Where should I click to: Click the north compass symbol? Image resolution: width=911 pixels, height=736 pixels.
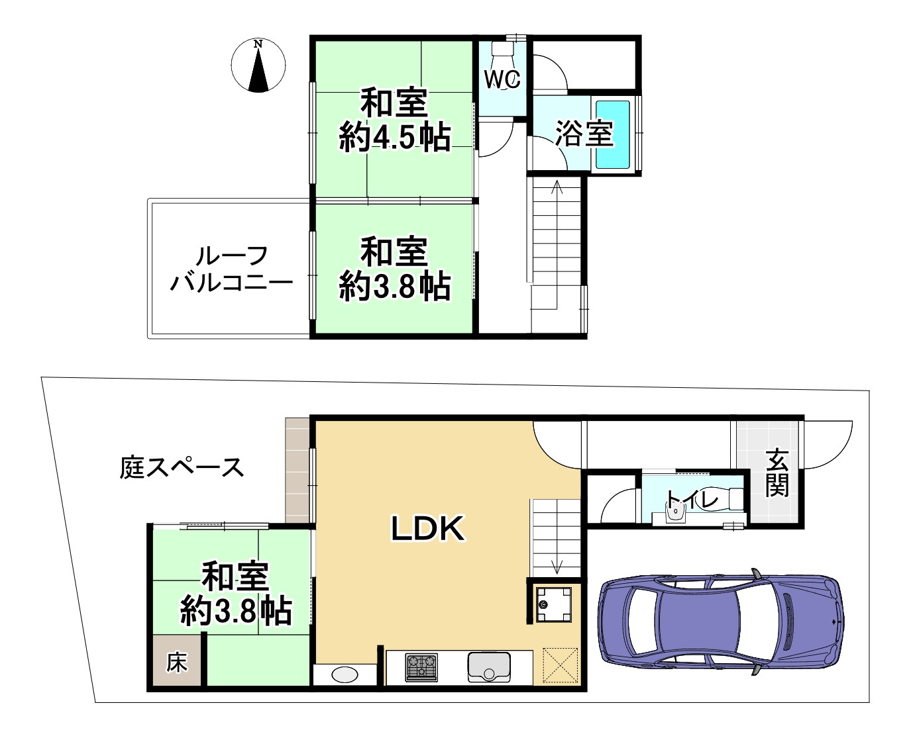(x=258, y=66)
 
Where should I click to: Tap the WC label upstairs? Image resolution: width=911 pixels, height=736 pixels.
(x=502, y=79)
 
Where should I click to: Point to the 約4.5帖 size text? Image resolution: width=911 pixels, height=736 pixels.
(x=395, y=138)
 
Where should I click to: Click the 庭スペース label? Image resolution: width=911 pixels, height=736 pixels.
(x=182, y=467)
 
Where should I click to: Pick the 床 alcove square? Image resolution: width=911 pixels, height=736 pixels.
(x=176, y=662)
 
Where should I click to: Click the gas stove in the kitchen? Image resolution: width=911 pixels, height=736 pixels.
(x=421, y=667)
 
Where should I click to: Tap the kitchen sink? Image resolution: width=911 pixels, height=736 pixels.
(x=489, y=667)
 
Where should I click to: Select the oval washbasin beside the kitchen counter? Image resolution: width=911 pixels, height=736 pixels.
(x=345, y=674)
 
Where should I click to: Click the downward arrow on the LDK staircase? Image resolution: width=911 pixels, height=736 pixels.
(x=557, y=565)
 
